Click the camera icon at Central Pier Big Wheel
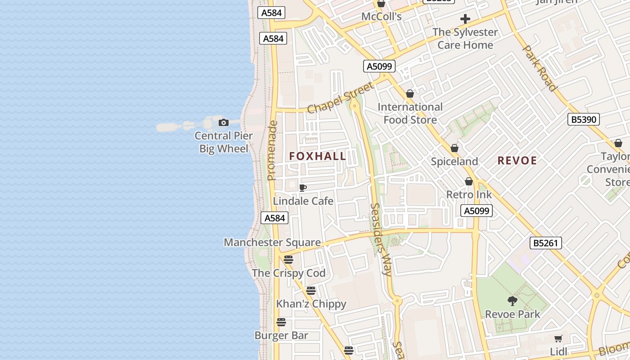click(223, 122)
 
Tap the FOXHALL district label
click(318, 156)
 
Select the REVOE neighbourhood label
click(517, 161)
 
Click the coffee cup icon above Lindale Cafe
click(303, 188)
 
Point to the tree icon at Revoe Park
click(512, 301)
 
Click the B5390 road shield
click(583, 119)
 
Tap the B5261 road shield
click(545, 243)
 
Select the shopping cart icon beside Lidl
click(558, 338)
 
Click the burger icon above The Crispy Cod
click(288, 260)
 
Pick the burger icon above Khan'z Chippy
click(311, 291)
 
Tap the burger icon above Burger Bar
click(281, 322)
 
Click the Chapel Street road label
click(340, 98)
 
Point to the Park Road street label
click(540, 68)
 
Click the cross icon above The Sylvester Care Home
click(465, 19)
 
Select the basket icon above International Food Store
click(410, 94)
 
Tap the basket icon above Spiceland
click(454, 148)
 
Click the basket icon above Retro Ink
click(469, 181)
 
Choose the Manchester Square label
click(272, 242)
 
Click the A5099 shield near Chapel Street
click(379, 67)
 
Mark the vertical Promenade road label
click(272, 150)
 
